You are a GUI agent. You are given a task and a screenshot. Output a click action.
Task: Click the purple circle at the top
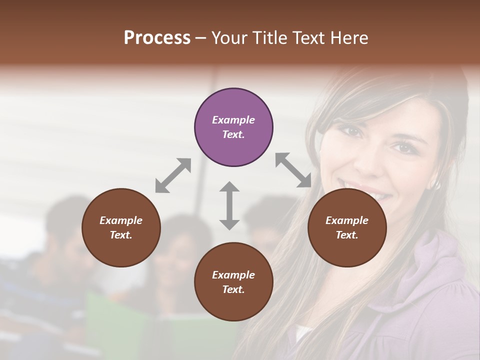[233, 127]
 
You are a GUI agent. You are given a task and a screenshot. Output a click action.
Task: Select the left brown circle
[121, 227]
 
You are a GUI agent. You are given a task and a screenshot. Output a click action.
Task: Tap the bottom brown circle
[233, 282]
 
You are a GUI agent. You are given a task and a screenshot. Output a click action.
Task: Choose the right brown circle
[346, 227]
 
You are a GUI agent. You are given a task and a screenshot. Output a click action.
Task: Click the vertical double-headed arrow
[229, 205]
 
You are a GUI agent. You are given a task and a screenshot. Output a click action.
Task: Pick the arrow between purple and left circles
[173, 175]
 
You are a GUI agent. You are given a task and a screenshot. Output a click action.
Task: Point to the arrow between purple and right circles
[293, 170]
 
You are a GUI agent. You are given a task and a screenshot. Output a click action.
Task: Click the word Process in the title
[157, 37]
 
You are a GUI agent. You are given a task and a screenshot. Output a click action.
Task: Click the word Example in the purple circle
[233, 120]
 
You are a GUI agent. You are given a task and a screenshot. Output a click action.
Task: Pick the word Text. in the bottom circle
[233, 289]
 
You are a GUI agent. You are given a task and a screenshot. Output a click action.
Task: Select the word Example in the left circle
[121, 220]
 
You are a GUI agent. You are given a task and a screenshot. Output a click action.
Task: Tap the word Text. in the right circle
[346, 235]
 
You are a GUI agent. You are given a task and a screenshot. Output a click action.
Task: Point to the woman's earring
[436, 184]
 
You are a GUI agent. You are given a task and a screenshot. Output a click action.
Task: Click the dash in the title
[200, 38]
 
